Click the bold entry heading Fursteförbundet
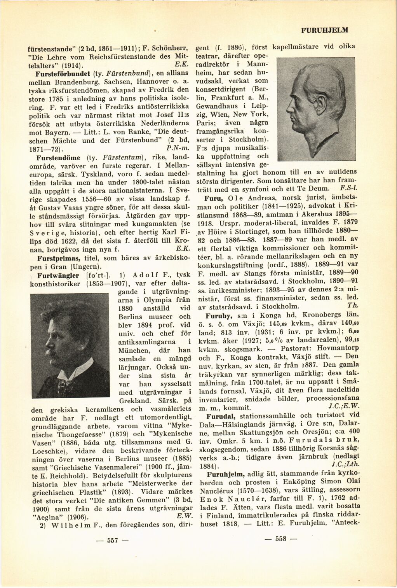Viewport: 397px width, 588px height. (x=59, y=73)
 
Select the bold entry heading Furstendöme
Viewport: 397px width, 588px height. (x=58, y=158)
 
